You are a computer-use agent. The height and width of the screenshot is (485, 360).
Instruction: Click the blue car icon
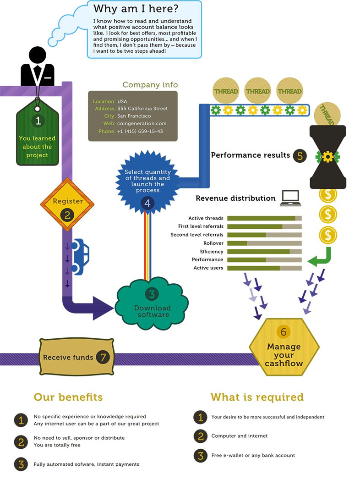click(81, 257)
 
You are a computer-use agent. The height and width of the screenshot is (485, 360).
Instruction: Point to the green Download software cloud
click(153, 303)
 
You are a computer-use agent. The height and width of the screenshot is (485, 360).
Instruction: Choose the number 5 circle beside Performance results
click(300, 155)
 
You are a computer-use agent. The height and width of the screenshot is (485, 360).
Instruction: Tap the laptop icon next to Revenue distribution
click(290, 198)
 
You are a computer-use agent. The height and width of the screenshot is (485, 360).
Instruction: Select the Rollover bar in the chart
click(264, 243)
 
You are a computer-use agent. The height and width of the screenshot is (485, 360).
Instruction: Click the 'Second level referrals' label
click(197, 235)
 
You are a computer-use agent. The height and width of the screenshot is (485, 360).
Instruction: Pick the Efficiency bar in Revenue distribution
click(264, 251)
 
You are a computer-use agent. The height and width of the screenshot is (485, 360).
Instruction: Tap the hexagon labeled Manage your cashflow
click(284, 347)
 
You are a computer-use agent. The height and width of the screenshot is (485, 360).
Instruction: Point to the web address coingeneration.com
click(142, 124)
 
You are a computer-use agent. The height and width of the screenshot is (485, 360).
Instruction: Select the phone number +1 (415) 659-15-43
click(140, 132)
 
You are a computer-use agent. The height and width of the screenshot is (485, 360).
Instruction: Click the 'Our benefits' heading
click(68, 397)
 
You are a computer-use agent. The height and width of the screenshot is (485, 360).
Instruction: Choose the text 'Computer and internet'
click(240, 436)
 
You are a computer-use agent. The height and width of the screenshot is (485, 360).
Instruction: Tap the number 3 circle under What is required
click(200, 456)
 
